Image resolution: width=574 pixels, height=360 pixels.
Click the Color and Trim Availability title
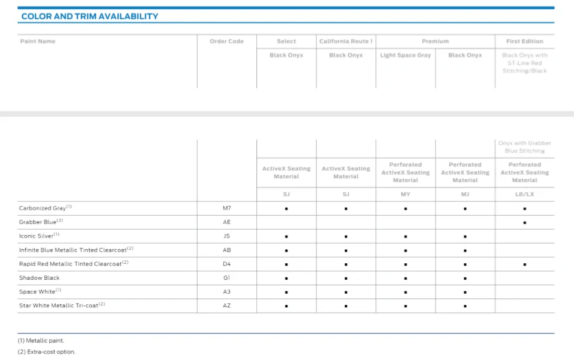point(90,16)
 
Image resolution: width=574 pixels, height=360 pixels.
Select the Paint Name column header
point(38,42)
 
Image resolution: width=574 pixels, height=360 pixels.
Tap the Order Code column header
point(226,42)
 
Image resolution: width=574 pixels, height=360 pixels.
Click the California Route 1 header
point(346,42)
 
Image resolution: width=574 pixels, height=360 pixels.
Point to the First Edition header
point(525,42)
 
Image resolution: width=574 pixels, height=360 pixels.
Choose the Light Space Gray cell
point(406,55)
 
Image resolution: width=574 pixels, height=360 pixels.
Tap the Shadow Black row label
point(39,277)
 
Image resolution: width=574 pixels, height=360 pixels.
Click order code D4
point(226,264)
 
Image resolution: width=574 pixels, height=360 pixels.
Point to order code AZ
point(226,305)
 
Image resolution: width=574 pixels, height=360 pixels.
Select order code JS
point(226,236)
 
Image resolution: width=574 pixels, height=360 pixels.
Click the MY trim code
point(405,194)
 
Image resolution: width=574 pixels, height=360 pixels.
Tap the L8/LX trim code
point(525,194)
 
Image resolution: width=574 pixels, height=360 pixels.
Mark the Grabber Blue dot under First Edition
point(525,223)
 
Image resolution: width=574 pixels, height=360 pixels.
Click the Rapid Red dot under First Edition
point(525,264)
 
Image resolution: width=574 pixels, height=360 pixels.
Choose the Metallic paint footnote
point(40,341)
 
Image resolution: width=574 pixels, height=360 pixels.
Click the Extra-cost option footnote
point(46,352)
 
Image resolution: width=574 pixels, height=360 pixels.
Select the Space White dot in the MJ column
point(465,292)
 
